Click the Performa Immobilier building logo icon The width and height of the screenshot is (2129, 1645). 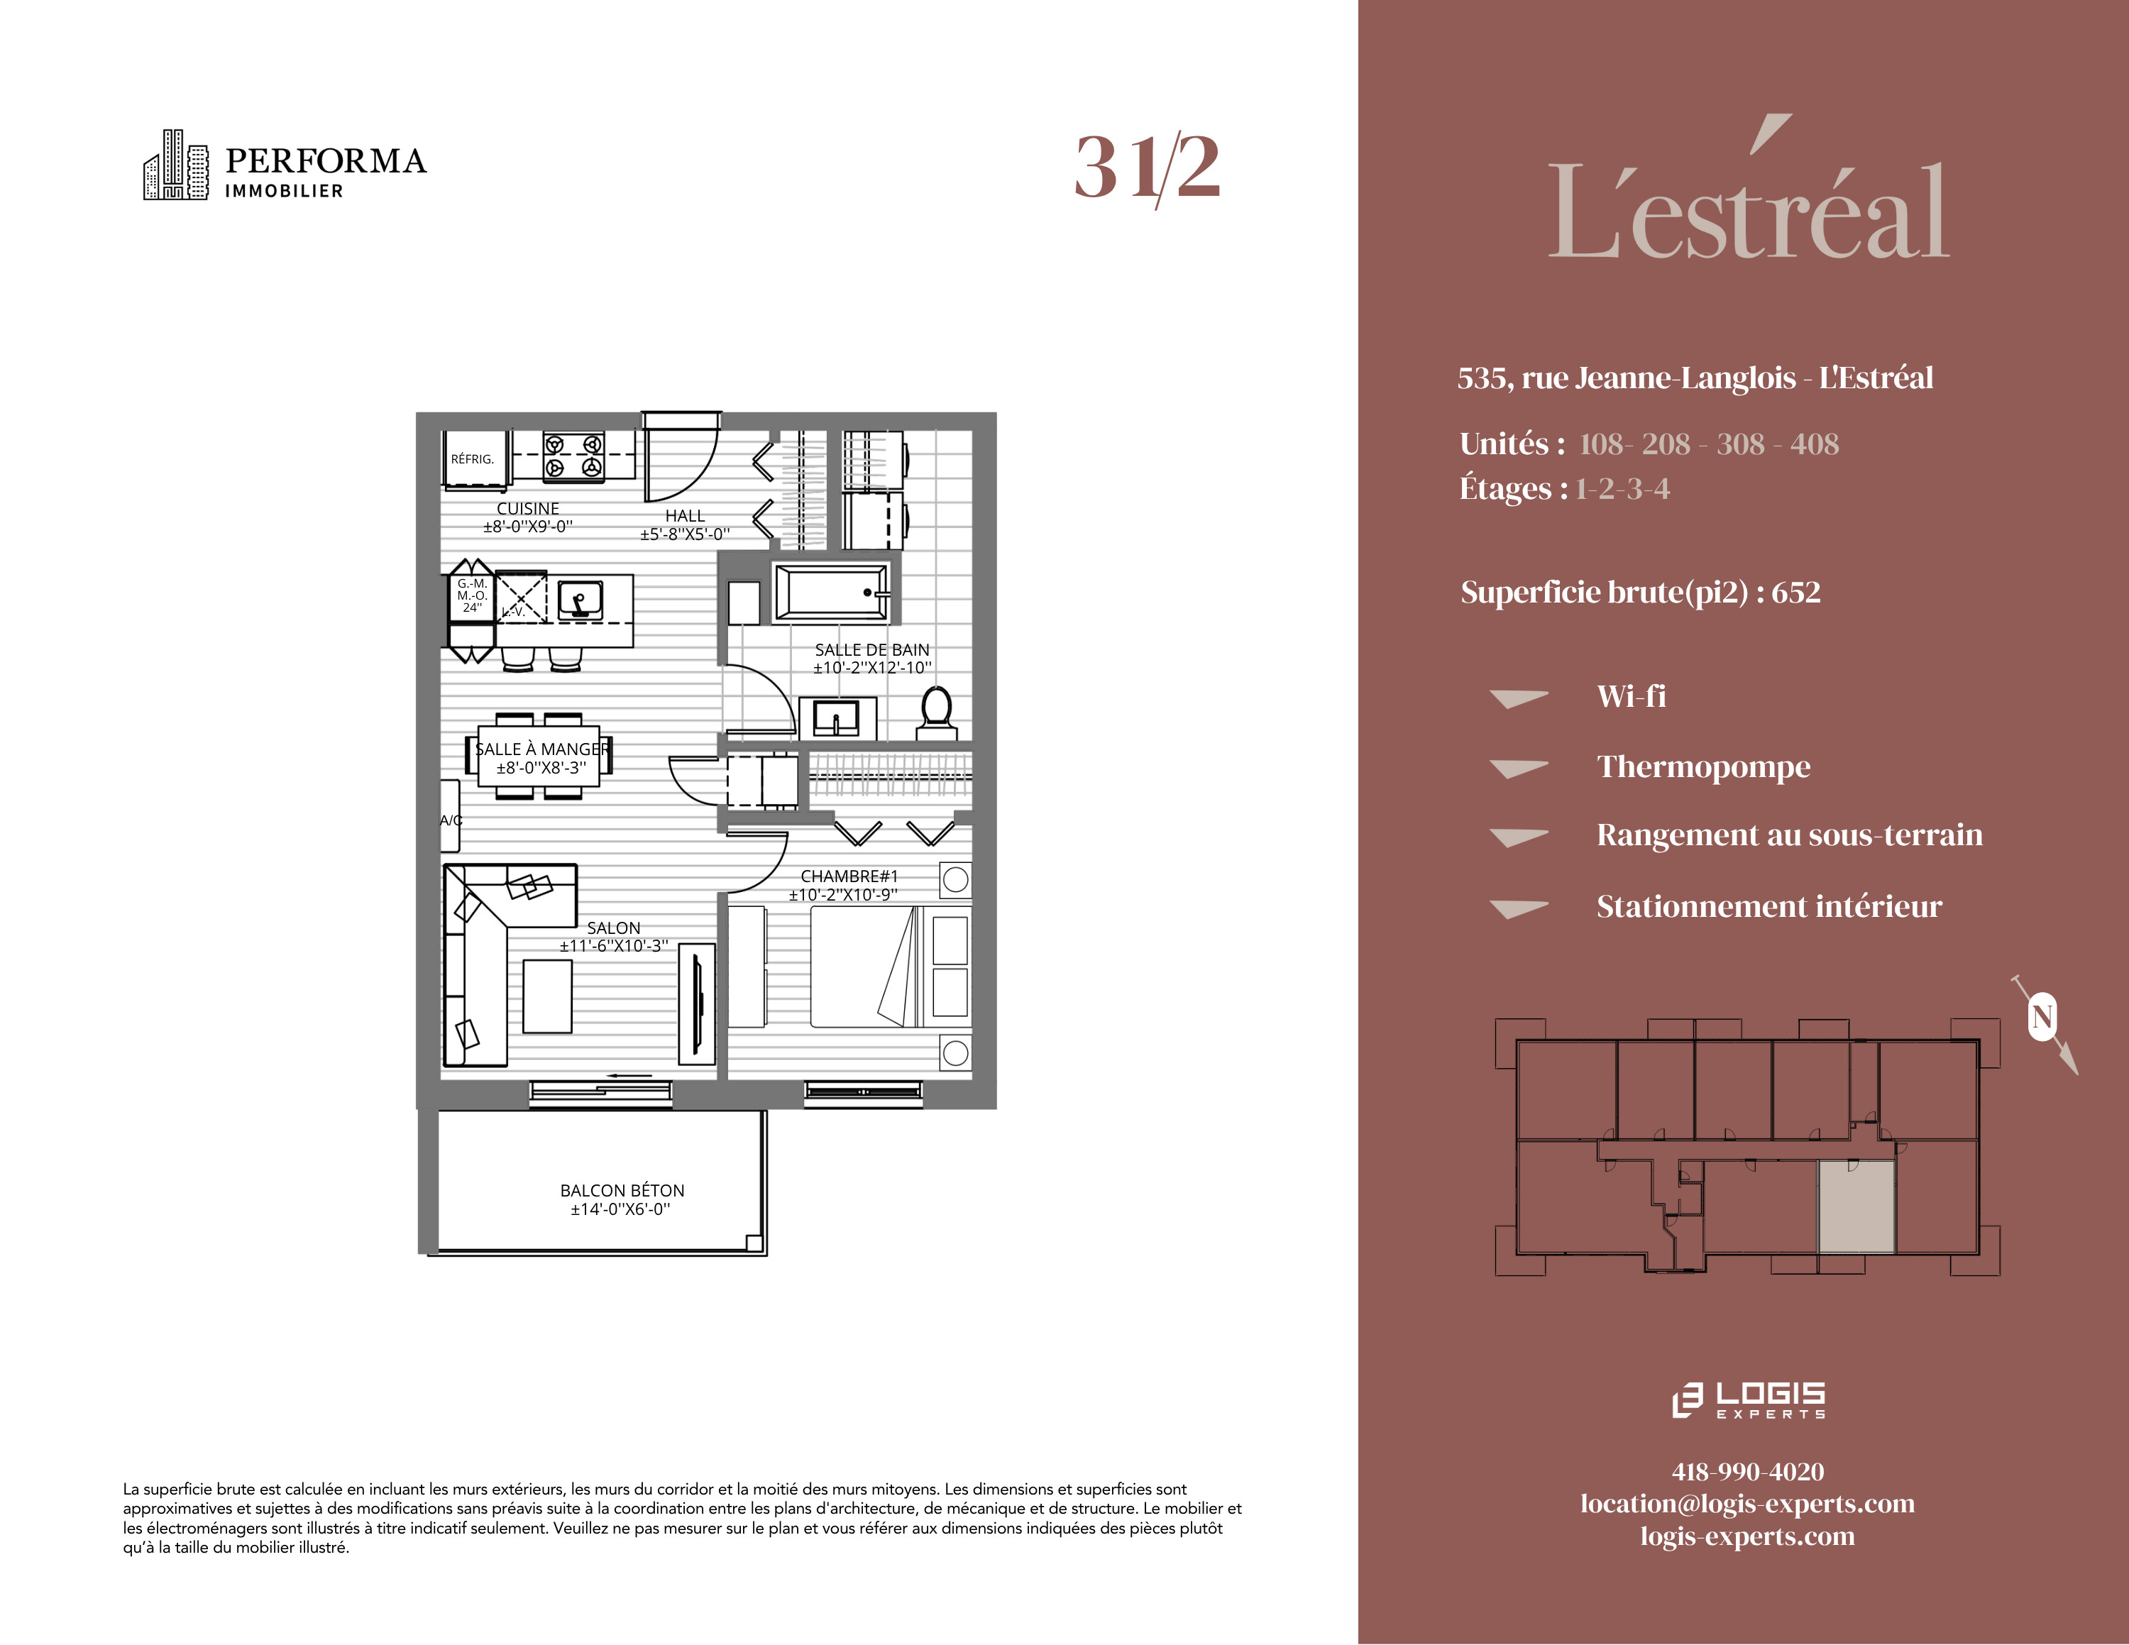point(175,165)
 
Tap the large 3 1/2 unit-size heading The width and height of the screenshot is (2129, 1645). point(1148,167)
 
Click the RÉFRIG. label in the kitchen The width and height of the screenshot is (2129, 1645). point(472,459)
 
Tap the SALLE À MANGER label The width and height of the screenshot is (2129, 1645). point(542,749)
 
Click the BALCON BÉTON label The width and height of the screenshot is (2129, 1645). point(622,1190)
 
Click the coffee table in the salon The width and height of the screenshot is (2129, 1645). point(547,996)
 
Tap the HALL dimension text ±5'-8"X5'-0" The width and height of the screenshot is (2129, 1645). point(684,534)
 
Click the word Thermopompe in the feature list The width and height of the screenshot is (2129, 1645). point(1703,767)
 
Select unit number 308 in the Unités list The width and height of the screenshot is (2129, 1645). point(1741,444)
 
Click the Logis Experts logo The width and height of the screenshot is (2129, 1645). point(1748,1399)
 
